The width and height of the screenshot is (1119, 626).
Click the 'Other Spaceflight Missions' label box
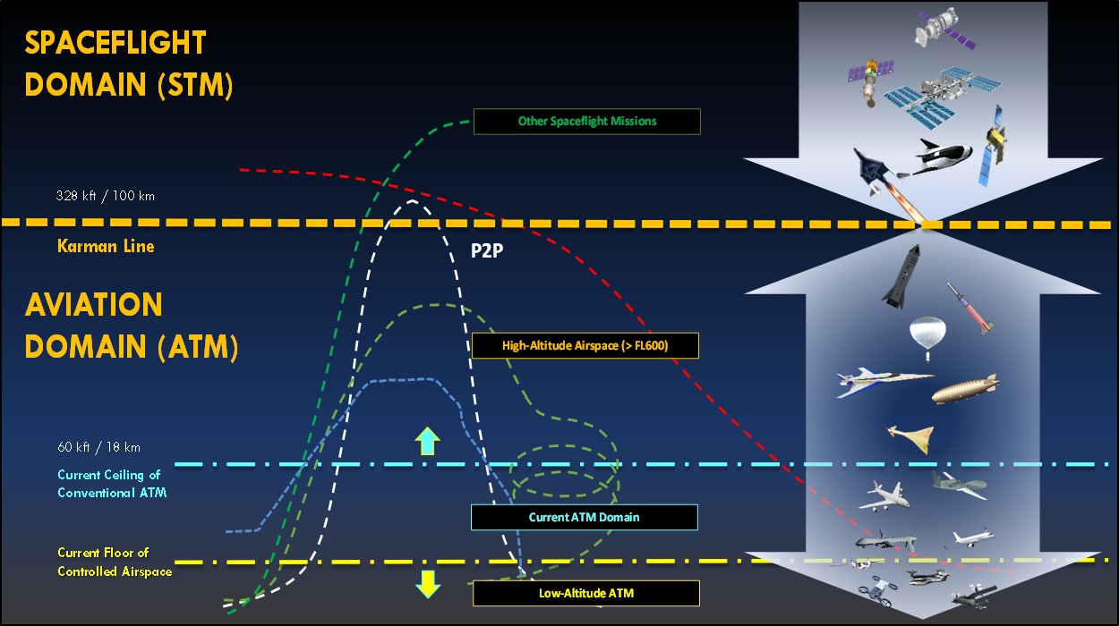586,122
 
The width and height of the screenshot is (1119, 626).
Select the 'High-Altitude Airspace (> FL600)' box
585,345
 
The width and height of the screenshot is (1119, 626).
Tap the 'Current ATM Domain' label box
584,517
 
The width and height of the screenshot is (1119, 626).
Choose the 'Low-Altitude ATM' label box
585,593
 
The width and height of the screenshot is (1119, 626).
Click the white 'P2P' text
486,251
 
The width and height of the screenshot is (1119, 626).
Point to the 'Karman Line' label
107,246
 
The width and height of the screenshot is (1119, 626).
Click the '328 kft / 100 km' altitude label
105,196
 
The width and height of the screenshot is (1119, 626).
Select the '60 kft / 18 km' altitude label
98,447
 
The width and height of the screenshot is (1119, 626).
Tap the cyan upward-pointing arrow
428,440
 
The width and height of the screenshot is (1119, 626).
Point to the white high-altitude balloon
927,337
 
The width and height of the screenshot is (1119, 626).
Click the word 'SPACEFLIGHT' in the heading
115,43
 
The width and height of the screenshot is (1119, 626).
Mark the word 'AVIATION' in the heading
94,305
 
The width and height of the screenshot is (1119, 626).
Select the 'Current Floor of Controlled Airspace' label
114,563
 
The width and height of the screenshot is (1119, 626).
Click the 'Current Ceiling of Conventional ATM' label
112,484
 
